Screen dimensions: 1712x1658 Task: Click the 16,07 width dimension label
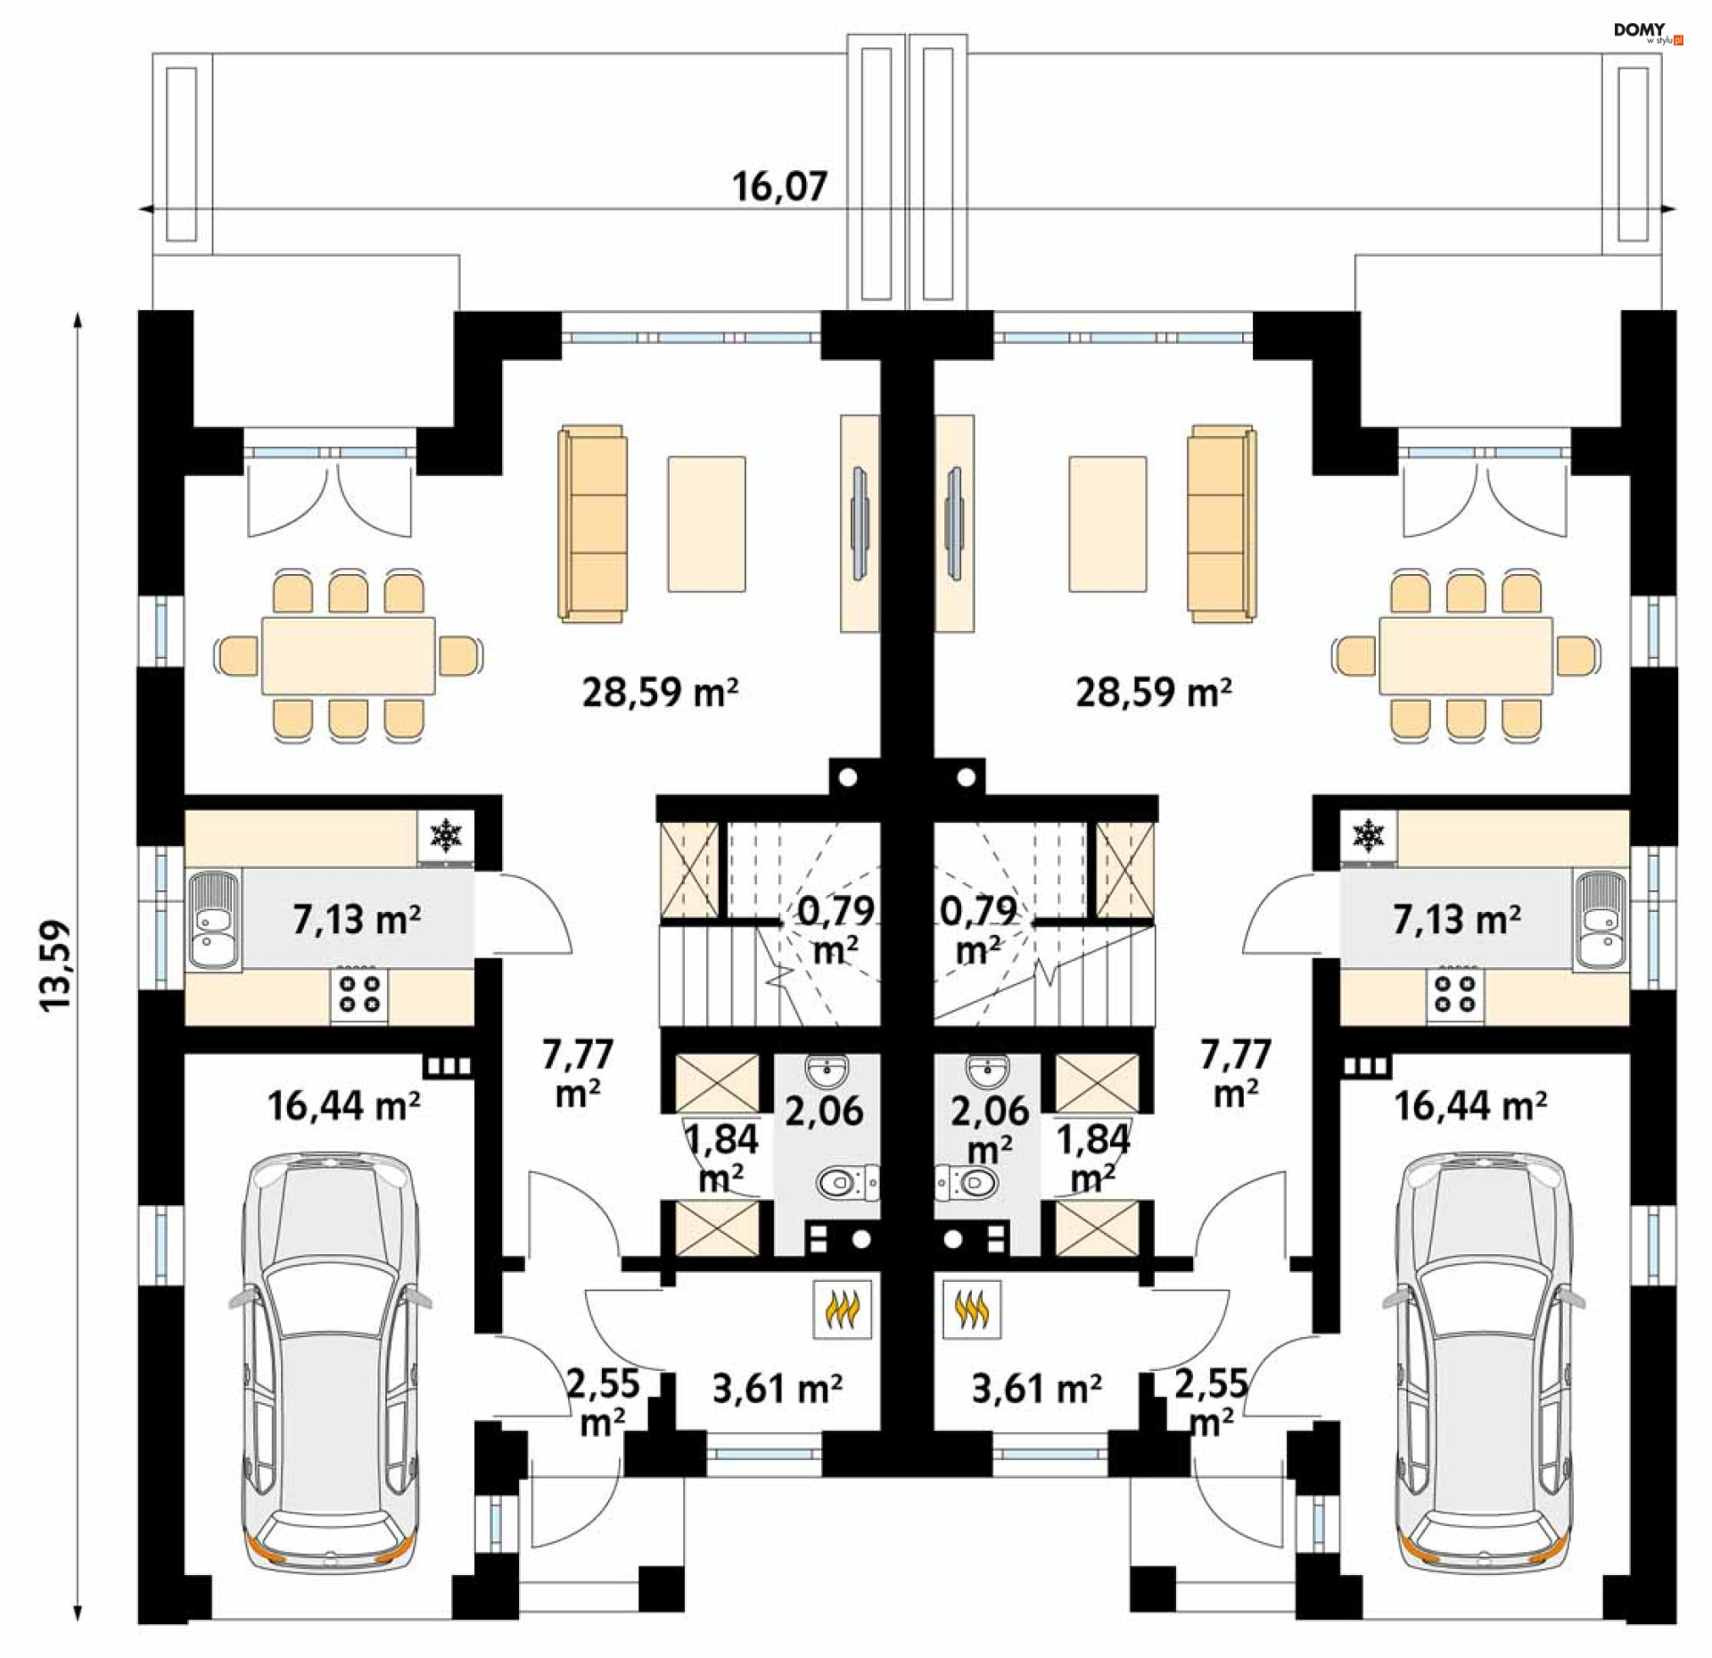tap(779, 187)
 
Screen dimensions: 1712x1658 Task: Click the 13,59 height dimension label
tap(55, 964)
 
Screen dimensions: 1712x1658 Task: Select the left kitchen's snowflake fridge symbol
tap(446, 836)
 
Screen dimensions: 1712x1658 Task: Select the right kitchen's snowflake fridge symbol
tap(1369, 836)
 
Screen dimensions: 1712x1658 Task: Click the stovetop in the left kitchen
tap(359, 993)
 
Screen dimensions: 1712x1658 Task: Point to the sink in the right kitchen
tap(1601, 920)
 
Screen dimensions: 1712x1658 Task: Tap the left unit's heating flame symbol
tap(842, 1309)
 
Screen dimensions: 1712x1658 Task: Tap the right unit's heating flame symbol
tap(972, 1309)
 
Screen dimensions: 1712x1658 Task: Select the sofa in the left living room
tap(593, 523)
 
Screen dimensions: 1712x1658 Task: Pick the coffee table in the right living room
tap(1107, 524)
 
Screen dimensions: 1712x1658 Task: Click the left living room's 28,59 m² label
tap(660, 692)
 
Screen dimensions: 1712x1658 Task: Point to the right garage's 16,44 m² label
tap(1469, 1106)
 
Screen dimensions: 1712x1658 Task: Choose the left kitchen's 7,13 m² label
tap(357, 919)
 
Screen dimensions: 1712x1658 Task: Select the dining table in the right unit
tap(1466, 655)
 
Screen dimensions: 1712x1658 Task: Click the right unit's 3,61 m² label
tap(1036, 1388)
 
